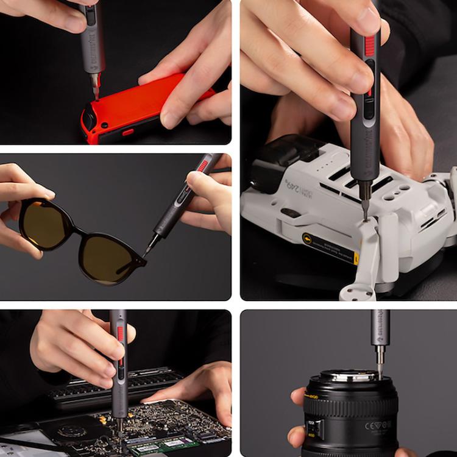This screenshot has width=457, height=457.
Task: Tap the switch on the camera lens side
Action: pyautogui.click(x=313, y=427)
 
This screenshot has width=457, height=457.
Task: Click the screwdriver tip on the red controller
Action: pyautogui.click(x=96, y=93)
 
